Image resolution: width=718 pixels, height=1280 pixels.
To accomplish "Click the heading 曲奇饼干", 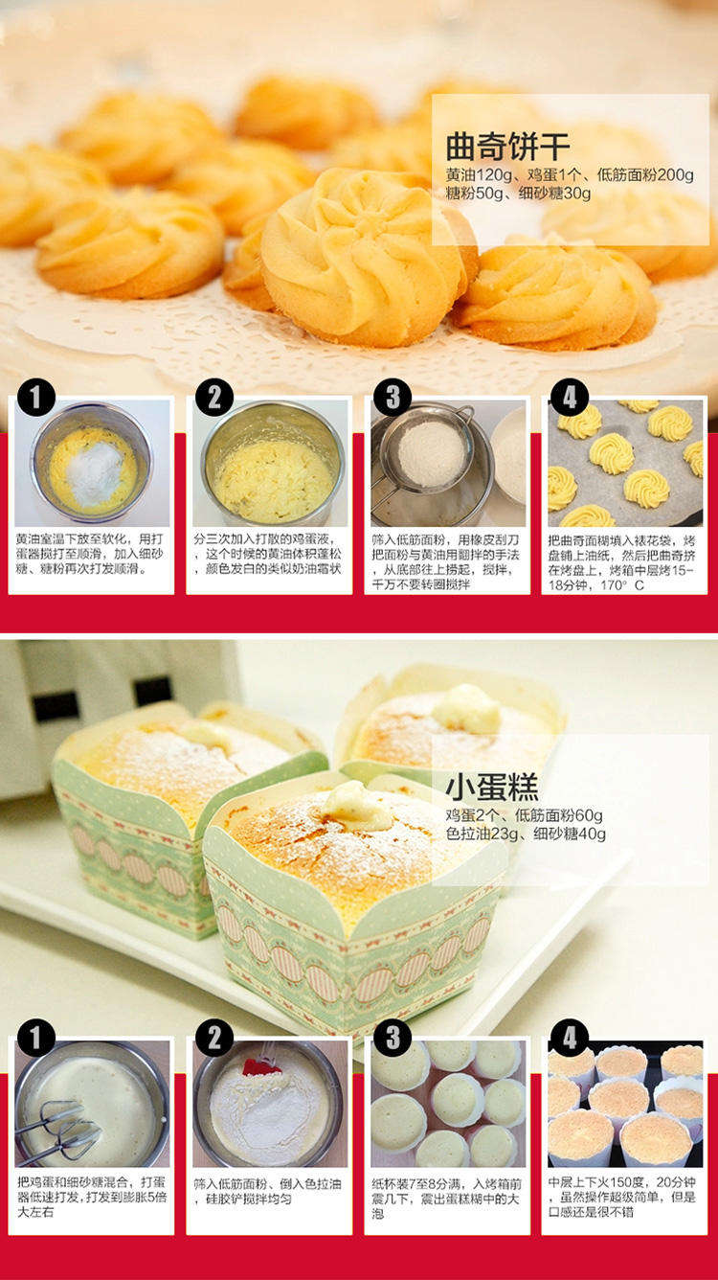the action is pos(507,147).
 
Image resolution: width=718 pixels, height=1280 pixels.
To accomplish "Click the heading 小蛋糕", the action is pos(492,788).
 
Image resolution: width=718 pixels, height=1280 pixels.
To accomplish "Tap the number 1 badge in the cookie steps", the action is pos(36,398).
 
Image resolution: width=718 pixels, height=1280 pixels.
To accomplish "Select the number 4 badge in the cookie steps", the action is pos(570,398).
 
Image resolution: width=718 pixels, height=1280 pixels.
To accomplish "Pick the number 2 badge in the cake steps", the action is pos(214,1039).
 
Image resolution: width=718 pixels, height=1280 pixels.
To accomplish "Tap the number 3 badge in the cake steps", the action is pos(393,1039).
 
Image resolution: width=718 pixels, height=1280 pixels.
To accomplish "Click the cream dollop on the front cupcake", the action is pos(356,806).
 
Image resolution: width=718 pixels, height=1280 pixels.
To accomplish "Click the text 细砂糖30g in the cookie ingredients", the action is pos(554,194).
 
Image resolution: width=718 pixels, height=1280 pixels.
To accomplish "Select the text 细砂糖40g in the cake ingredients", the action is pos(570,834).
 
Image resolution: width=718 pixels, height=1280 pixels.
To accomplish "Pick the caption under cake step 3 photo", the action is pos(447,1198).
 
